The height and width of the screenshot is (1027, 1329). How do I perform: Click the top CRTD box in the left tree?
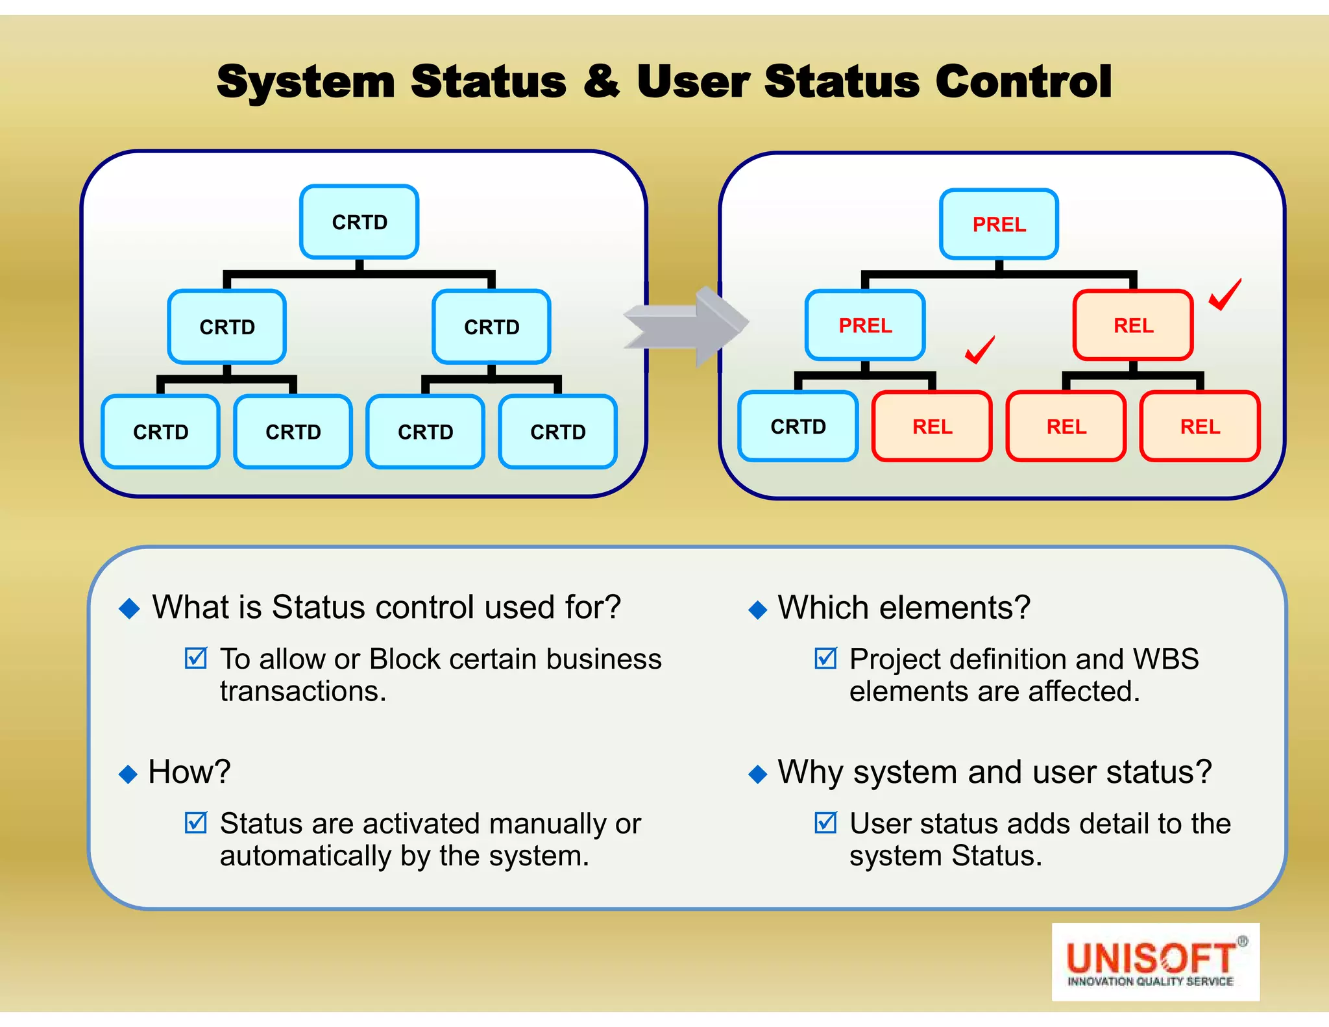359,222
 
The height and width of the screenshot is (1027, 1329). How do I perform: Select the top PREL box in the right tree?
999,225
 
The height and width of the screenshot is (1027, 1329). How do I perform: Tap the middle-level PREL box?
865,325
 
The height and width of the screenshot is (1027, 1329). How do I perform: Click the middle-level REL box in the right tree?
1133,325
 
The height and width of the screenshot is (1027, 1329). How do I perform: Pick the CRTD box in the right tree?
798,427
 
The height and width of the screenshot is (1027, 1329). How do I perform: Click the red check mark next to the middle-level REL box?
1225,295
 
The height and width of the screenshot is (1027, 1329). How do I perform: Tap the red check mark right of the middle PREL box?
979,350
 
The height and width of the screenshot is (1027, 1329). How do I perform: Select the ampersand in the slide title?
602,82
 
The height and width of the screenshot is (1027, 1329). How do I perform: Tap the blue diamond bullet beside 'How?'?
128,774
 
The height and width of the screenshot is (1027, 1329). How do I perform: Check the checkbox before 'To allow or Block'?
195,658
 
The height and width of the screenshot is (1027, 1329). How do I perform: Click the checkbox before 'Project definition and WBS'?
825,658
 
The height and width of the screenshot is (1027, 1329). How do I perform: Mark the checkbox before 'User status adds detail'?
825,823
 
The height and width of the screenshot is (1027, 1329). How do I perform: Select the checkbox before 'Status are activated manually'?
195,823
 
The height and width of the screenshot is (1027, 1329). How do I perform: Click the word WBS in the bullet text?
1165,660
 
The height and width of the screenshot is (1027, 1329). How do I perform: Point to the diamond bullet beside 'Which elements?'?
757,610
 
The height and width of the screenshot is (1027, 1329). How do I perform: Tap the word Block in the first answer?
405,660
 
